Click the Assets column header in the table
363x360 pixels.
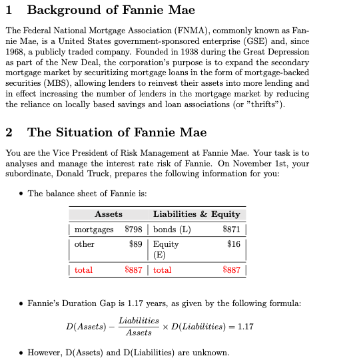(x=109, y=214)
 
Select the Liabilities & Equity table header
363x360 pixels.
(x=196, y=214)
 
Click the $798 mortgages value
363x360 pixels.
(x=135, y=230)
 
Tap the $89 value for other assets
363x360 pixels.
(x=137, y=244)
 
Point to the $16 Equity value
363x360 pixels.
(x=233, y=244)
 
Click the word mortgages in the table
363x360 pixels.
(x=94, y=230)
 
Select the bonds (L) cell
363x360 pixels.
(x=172, y=230)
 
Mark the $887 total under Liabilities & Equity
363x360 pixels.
(x=231, y=270)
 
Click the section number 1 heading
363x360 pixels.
(x=9, y=10)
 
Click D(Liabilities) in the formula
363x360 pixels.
(x=200, y=326)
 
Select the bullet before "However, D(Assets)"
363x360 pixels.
(x=22, y=352)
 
